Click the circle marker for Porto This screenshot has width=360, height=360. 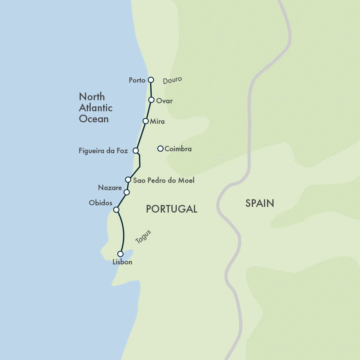point(151,80)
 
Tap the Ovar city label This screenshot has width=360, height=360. point(165,101)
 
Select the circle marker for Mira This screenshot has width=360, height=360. point(146,121)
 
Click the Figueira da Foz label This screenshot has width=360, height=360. point(103,151)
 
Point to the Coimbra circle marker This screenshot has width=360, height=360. point(160,149)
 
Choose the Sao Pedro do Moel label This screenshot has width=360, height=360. point(163,180)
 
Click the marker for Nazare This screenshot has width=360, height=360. point(126,192)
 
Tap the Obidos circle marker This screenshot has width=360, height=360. point(116,210)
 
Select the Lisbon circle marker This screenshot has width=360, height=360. point(120,254)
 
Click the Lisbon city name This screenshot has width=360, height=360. point(122,262)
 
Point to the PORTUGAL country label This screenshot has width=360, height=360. point(171,209)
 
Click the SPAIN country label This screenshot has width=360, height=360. point(260,203)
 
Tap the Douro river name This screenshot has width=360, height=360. point(173,80)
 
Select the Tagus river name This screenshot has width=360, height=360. point(143,237)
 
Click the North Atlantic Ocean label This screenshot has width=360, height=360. point(96,108)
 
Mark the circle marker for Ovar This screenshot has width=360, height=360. point(151,100)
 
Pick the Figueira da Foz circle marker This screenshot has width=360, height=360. point(136,150)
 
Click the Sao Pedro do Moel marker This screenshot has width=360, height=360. point(128,179)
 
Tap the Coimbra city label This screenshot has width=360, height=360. point(178,149)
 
